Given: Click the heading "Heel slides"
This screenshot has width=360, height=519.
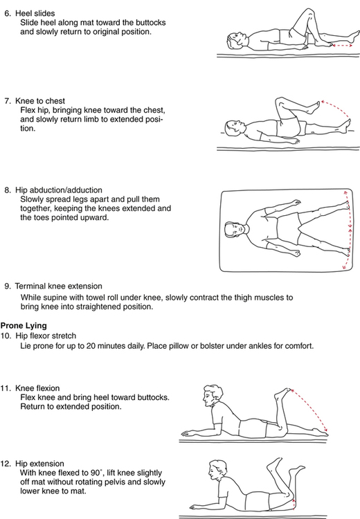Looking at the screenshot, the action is pyautogui.click(x=35, y=14).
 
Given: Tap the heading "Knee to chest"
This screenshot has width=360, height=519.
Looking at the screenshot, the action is pyautogui.click(x=40, y=101).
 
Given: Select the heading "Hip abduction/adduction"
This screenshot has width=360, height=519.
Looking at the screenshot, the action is pyautogui.click(x=59, y=190).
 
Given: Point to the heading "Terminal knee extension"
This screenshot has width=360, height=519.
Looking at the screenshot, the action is pyautogui.click(x=59, y=286).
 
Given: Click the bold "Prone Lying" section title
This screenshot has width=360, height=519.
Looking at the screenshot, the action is pyautogui.click(x=24, y=326).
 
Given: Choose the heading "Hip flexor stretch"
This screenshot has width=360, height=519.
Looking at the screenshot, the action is pyautogui.click(x=46, y=336).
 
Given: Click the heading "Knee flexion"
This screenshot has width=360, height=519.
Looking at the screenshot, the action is pyautogui.click(x=37, y=388).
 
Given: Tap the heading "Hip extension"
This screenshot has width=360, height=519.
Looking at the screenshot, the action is pyautogui.click(x=39, y=464).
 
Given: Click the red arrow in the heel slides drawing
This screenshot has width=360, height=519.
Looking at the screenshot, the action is pyautogui.click(x=342, y=46).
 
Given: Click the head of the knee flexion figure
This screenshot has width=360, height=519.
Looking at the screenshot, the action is pyautogui.click(x=211, y=395).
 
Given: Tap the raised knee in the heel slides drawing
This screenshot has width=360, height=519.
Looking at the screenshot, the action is pyautogui.click(x=308, y=12).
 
